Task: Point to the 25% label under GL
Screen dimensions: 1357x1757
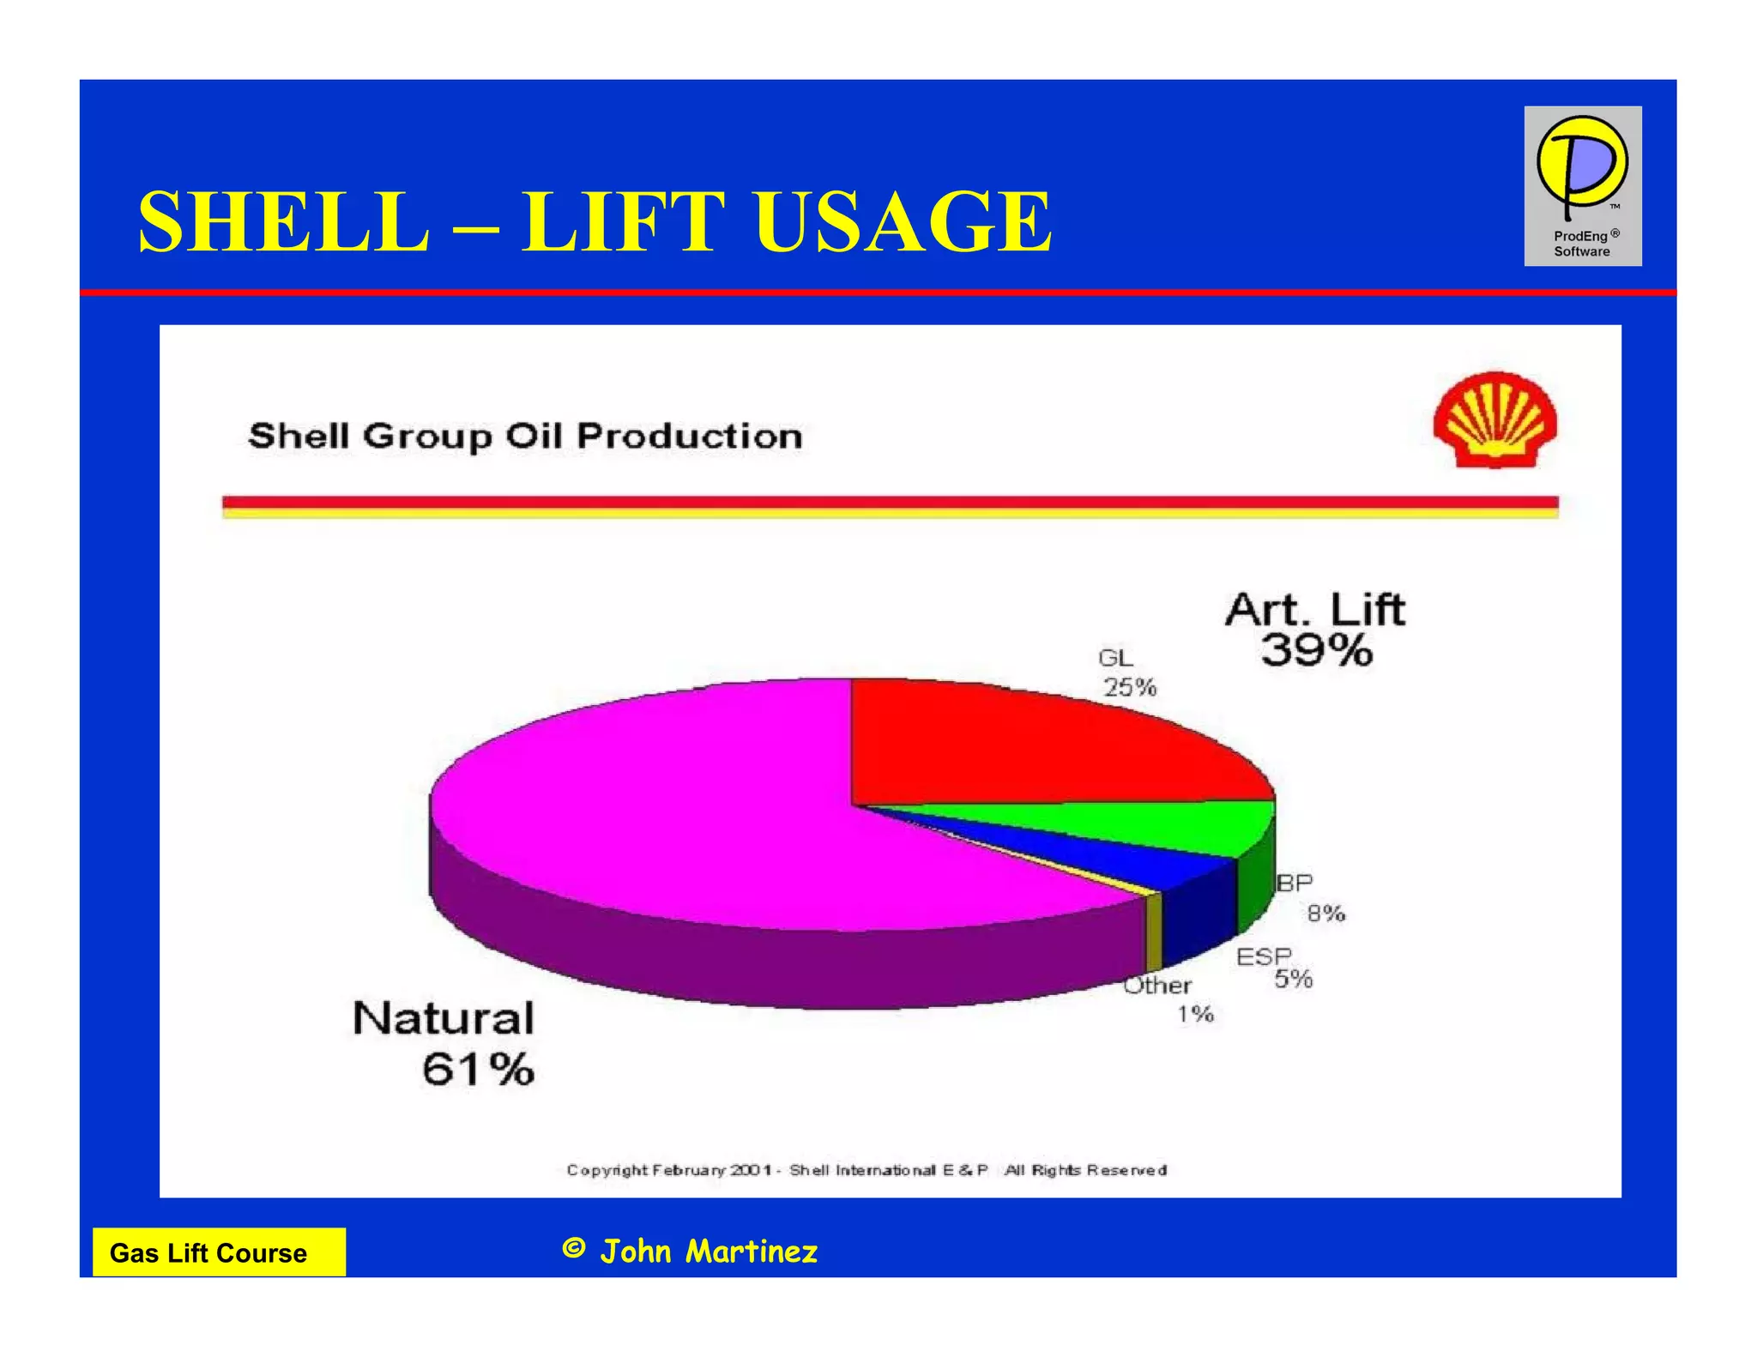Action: tap(1130, 687)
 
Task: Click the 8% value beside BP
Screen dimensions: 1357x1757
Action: tap(1325, 914)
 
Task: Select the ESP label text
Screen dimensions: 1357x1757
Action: tap(1263, 956)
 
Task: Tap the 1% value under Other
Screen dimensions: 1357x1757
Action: tap(1195, 1014)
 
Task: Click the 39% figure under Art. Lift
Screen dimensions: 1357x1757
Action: tap(1316, 650)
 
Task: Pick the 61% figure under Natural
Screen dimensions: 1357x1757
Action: tap(478, 1070)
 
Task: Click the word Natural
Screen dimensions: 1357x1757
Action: tap(443, 1018)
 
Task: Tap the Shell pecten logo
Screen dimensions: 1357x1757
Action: tap(1494, 420)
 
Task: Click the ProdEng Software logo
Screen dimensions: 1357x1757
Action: tap(1582, 185)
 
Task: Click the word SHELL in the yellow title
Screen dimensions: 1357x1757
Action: tap(284, 221)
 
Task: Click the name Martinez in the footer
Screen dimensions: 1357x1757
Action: tap(752, 1251)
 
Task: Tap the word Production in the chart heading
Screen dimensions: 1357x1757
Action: tap(689, 436)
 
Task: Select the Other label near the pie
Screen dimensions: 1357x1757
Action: tap(1156, 985)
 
